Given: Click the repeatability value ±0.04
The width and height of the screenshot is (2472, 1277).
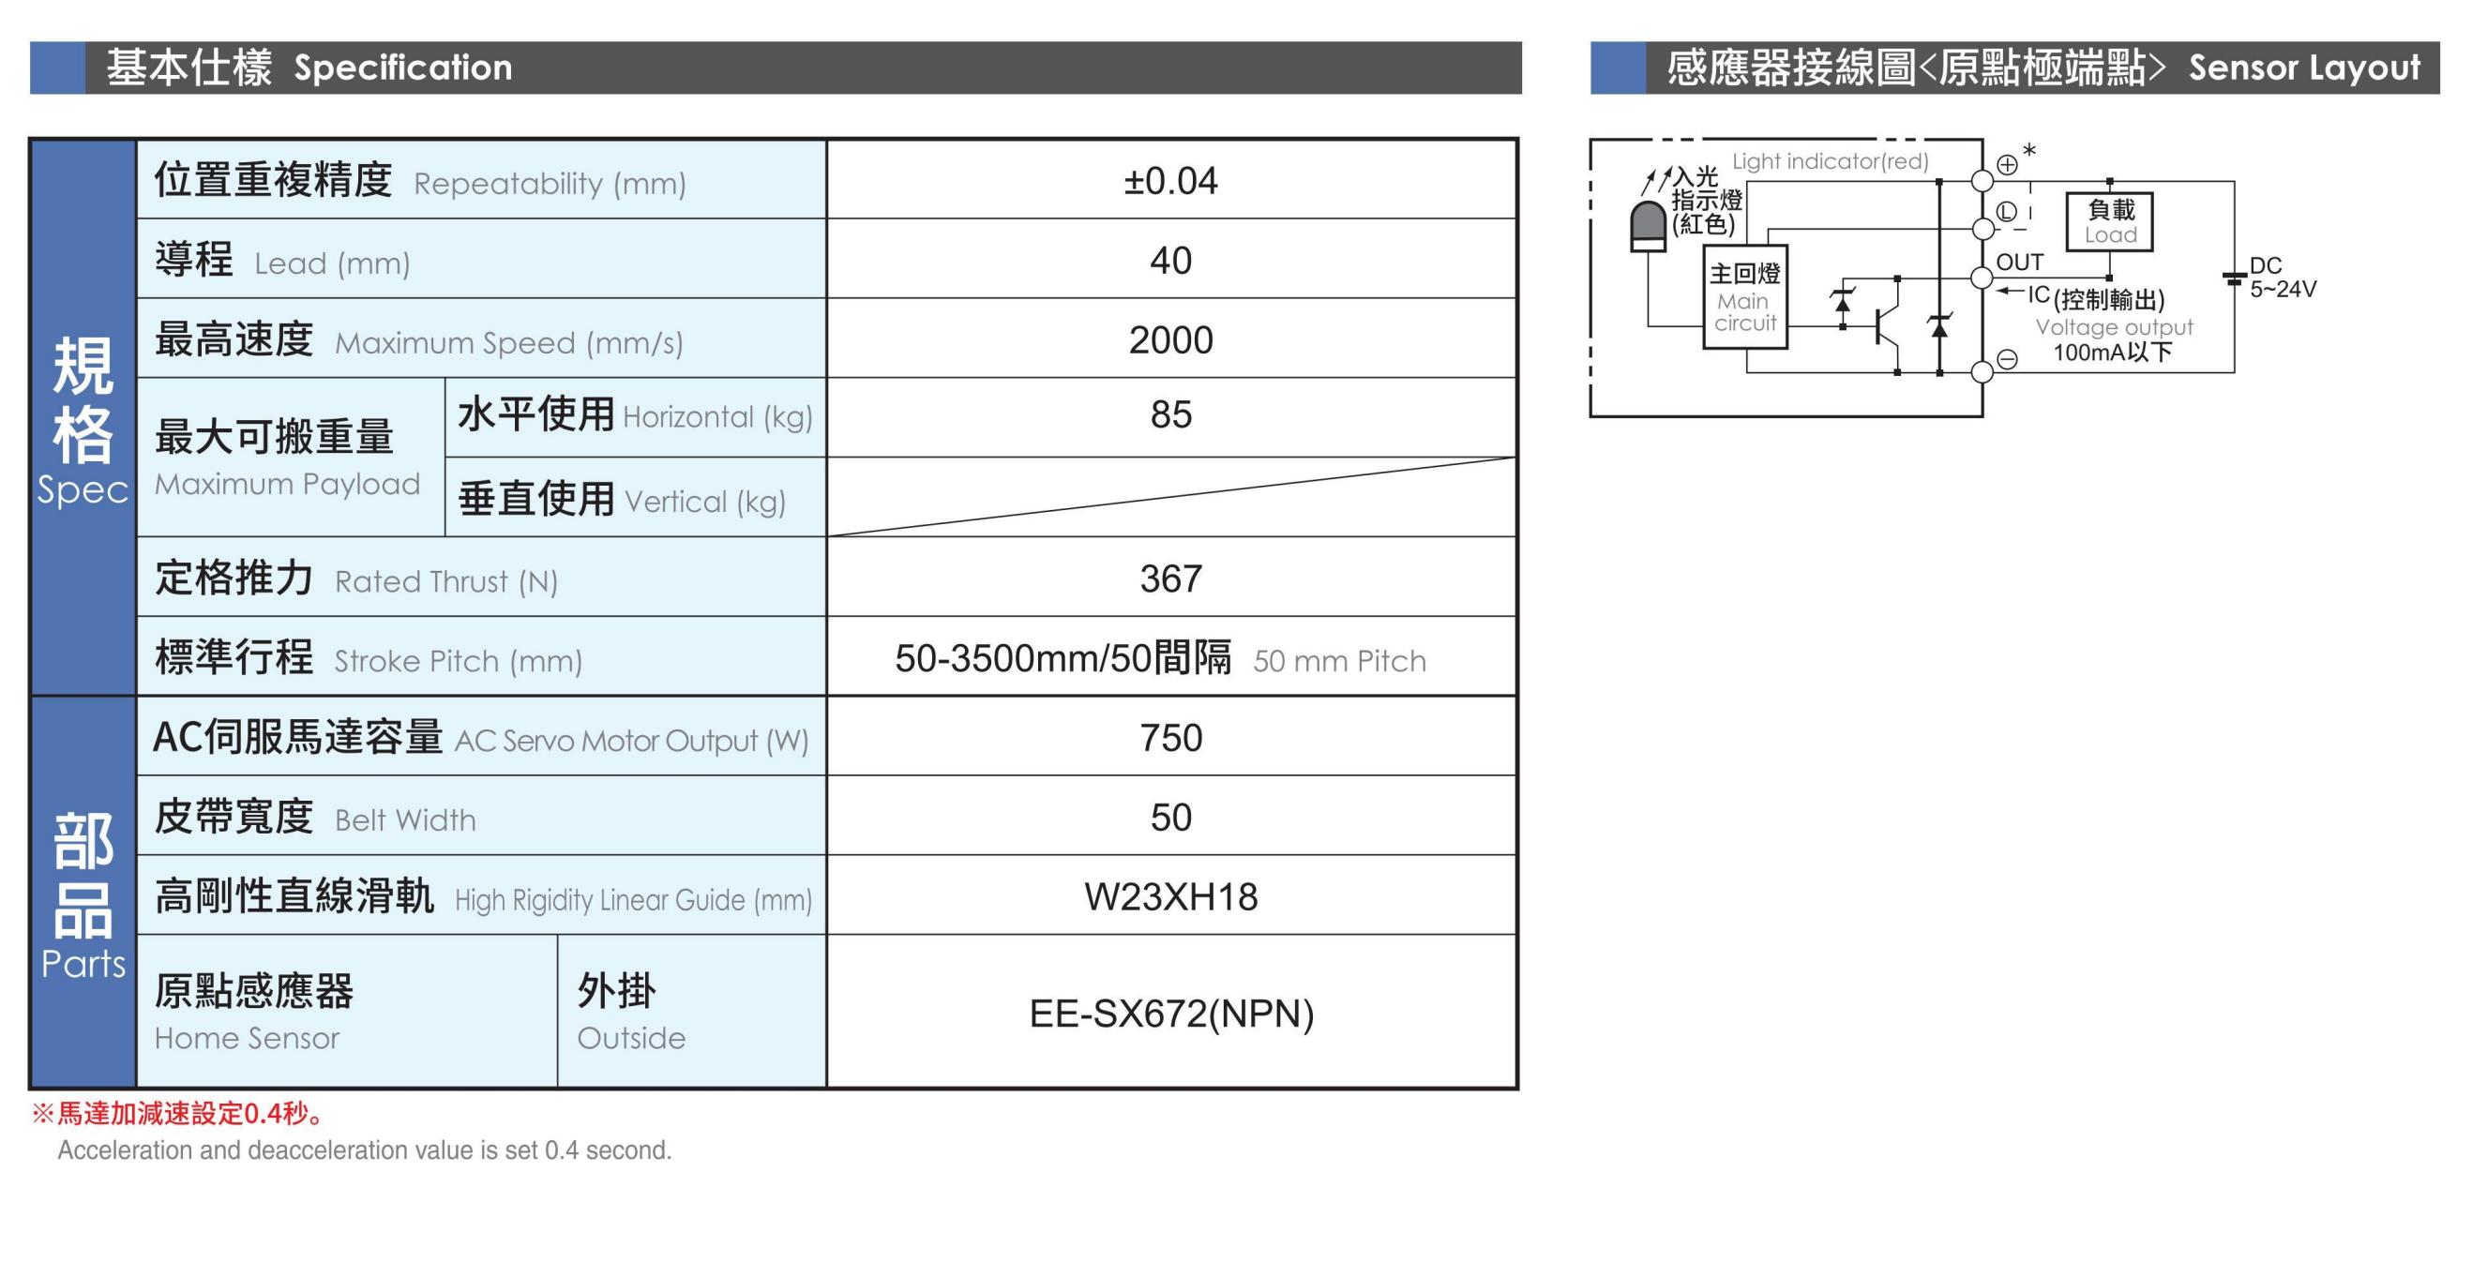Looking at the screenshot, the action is (1169, 180).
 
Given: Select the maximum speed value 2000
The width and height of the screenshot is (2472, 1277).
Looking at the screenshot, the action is (1170, 339).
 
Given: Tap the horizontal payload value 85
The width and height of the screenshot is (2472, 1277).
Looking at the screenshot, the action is (1170, 414).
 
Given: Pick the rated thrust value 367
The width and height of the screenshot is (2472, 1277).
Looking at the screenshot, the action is (1170, 578).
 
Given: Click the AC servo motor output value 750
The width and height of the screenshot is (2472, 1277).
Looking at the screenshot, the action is (1170, 738).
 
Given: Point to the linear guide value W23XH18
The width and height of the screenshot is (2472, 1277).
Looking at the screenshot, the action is (1170, 897).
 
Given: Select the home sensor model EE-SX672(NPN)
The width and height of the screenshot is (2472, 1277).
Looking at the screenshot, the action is (1170, 1014).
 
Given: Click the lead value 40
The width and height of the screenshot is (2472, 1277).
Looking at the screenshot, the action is (1170, 260).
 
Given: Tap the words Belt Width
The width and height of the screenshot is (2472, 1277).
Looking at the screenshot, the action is (405, 820).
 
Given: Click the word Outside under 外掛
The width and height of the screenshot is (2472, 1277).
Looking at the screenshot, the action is (631, 1038).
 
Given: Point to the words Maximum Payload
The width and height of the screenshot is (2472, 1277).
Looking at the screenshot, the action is (287, 485).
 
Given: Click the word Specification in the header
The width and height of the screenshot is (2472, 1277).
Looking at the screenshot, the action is (403, 68).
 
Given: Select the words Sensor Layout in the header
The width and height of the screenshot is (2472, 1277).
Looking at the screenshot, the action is (2304, 68).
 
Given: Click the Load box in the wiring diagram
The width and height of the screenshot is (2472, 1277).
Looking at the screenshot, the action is (2109, 221).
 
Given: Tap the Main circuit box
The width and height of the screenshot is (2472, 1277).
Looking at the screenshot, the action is (1744, 297).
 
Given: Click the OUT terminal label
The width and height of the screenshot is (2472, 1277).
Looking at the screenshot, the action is (2020, 262).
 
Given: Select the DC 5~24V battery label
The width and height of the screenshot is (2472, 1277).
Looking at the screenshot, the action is (2283, 278).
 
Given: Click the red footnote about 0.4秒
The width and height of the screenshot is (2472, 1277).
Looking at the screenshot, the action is (178, 1113).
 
